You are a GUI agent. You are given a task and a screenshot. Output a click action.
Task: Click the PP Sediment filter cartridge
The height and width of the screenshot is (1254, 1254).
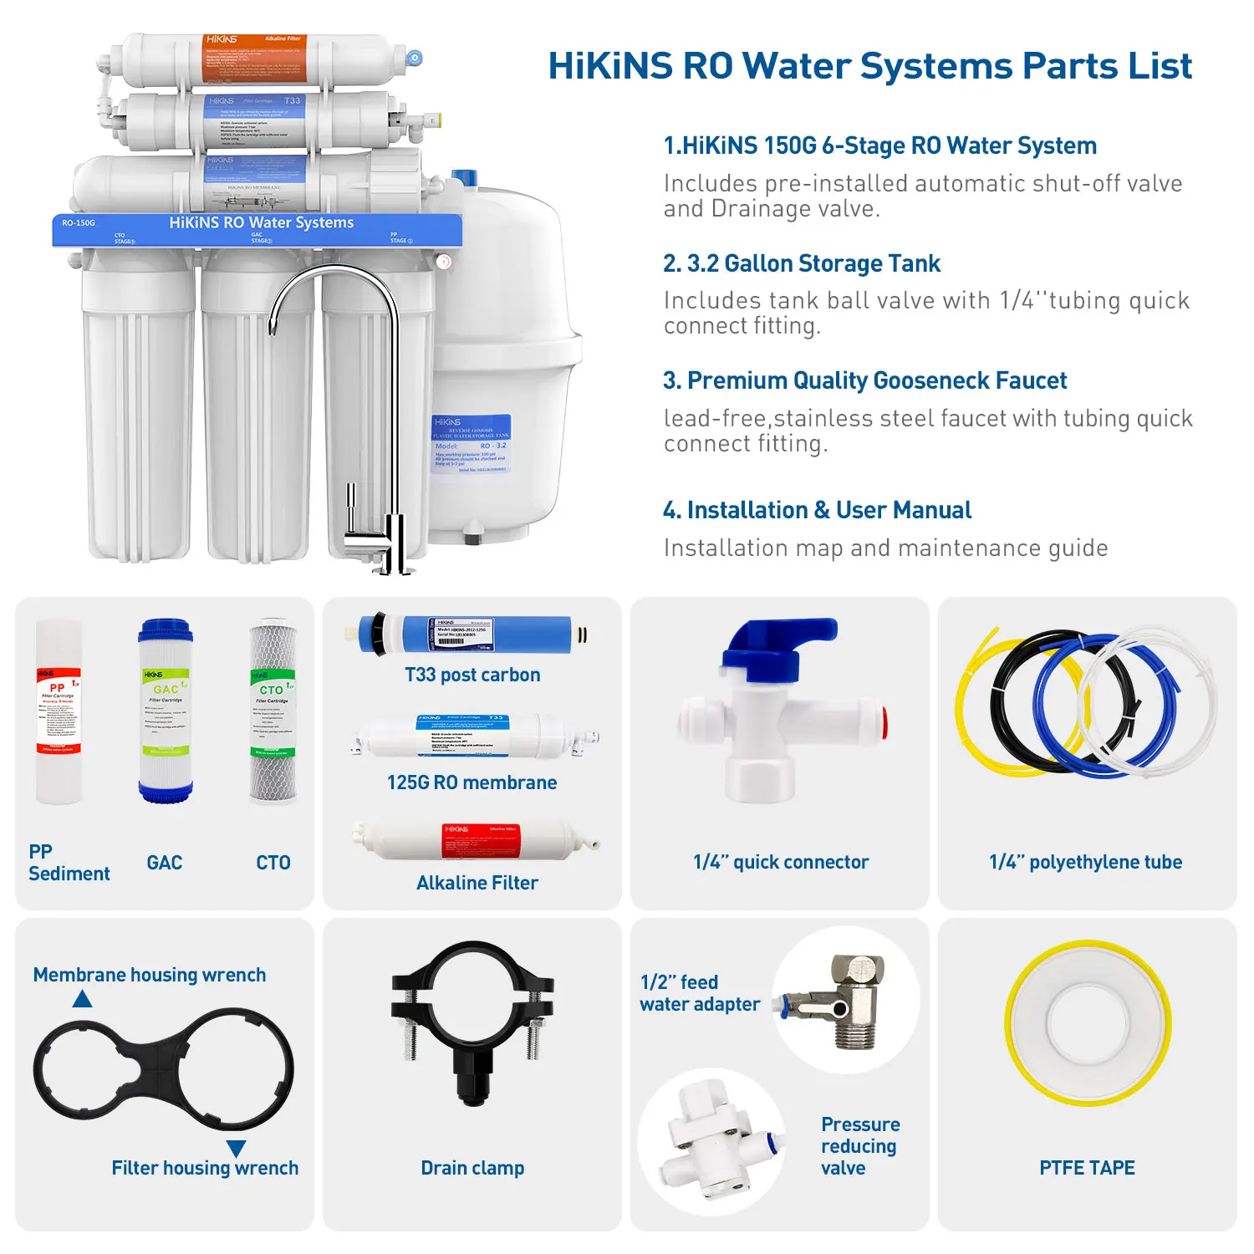(59, 711)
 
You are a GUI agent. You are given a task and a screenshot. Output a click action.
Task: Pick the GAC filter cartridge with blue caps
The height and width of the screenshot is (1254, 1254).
(166, 711)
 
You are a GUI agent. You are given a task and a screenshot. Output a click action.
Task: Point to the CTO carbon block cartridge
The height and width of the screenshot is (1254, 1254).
(273, 711)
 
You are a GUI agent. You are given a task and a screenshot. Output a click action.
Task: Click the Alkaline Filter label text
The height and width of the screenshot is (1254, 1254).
(477, 883)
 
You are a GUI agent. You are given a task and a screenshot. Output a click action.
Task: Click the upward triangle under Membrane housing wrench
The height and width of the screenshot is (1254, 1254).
(82, 999)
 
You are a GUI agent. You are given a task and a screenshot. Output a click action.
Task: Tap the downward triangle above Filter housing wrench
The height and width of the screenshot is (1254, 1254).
(237, 1149)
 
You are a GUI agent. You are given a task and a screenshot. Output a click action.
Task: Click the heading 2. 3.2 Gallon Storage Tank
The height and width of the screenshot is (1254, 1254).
(801, 263)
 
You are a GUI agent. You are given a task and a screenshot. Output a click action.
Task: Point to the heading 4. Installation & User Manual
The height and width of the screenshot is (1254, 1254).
(817, 510)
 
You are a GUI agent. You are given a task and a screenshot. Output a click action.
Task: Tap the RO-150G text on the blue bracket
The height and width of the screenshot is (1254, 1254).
(79, 223)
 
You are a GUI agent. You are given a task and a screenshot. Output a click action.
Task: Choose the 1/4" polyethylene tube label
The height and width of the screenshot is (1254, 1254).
(1085, 862)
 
